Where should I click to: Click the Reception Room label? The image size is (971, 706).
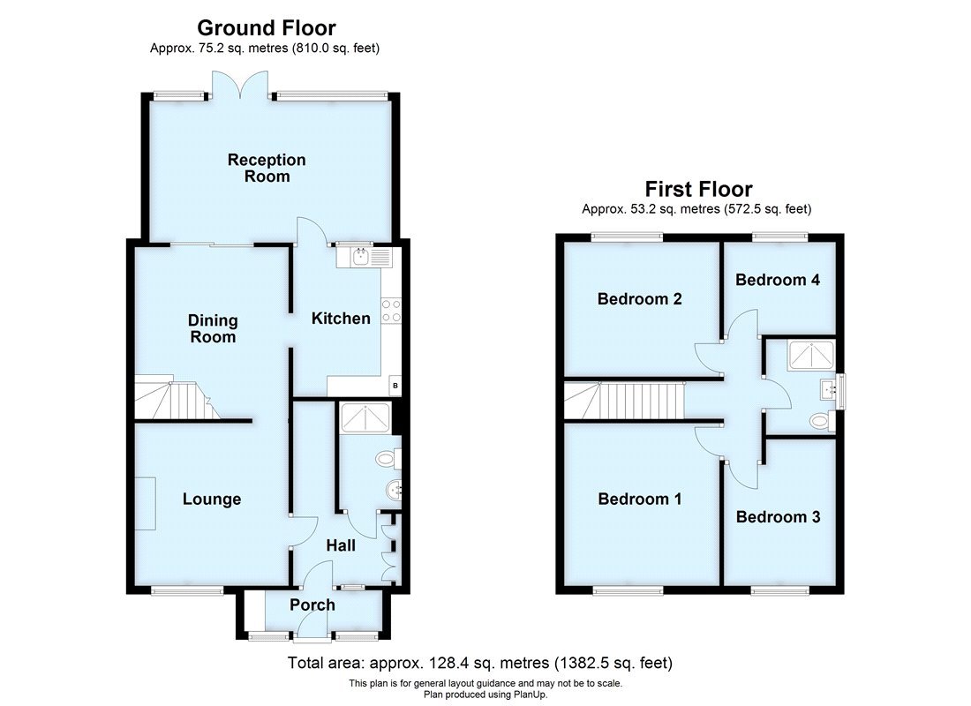pos(267,168)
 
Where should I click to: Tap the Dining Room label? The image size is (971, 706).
pos(213,328)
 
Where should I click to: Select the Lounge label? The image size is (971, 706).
pos(212,499)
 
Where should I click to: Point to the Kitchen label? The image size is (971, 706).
pos(341,319)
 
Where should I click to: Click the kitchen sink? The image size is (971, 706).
pos(363,257)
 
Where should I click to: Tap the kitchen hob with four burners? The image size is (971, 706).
pos(390,311)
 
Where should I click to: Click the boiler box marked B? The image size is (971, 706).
pos(395,386)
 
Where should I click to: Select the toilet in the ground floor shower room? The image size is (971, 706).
pos(386,459)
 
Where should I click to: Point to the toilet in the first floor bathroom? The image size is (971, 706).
pos(820,422)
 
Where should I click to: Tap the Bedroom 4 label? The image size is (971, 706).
pos(778,280)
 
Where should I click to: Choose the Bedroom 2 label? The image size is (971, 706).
pos(639,299)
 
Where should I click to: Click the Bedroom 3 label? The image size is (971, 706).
pos(778,517)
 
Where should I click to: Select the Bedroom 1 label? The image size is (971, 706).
pos(639,499)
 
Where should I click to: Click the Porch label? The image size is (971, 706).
pos(312,605)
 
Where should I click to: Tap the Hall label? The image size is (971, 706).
pos(341,546)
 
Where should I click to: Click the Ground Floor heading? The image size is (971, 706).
pos(265,28)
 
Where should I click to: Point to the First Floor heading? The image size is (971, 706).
pos(697,189)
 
